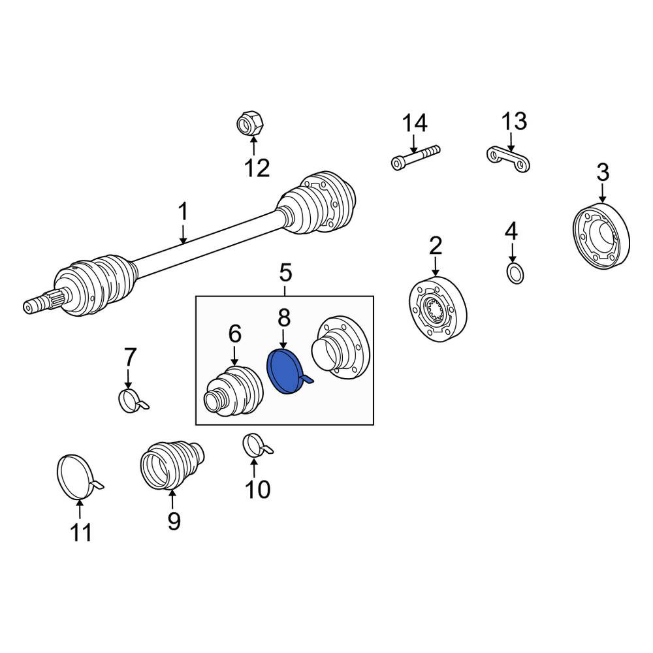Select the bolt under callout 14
[415, 157]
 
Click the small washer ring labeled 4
[515, 273]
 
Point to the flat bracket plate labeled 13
[508, 159]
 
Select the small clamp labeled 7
[132, 400]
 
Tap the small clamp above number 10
[257, 445]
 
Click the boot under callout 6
[234, 391]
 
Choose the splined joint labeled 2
[438, 309]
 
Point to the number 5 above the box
[285, 273]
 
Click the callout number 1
[183, 212]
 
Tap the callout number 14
[415, 123]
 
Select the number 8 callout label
[283, 318]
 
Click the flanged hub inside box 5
[341, 347]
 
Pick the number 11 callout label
[81, 532]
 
